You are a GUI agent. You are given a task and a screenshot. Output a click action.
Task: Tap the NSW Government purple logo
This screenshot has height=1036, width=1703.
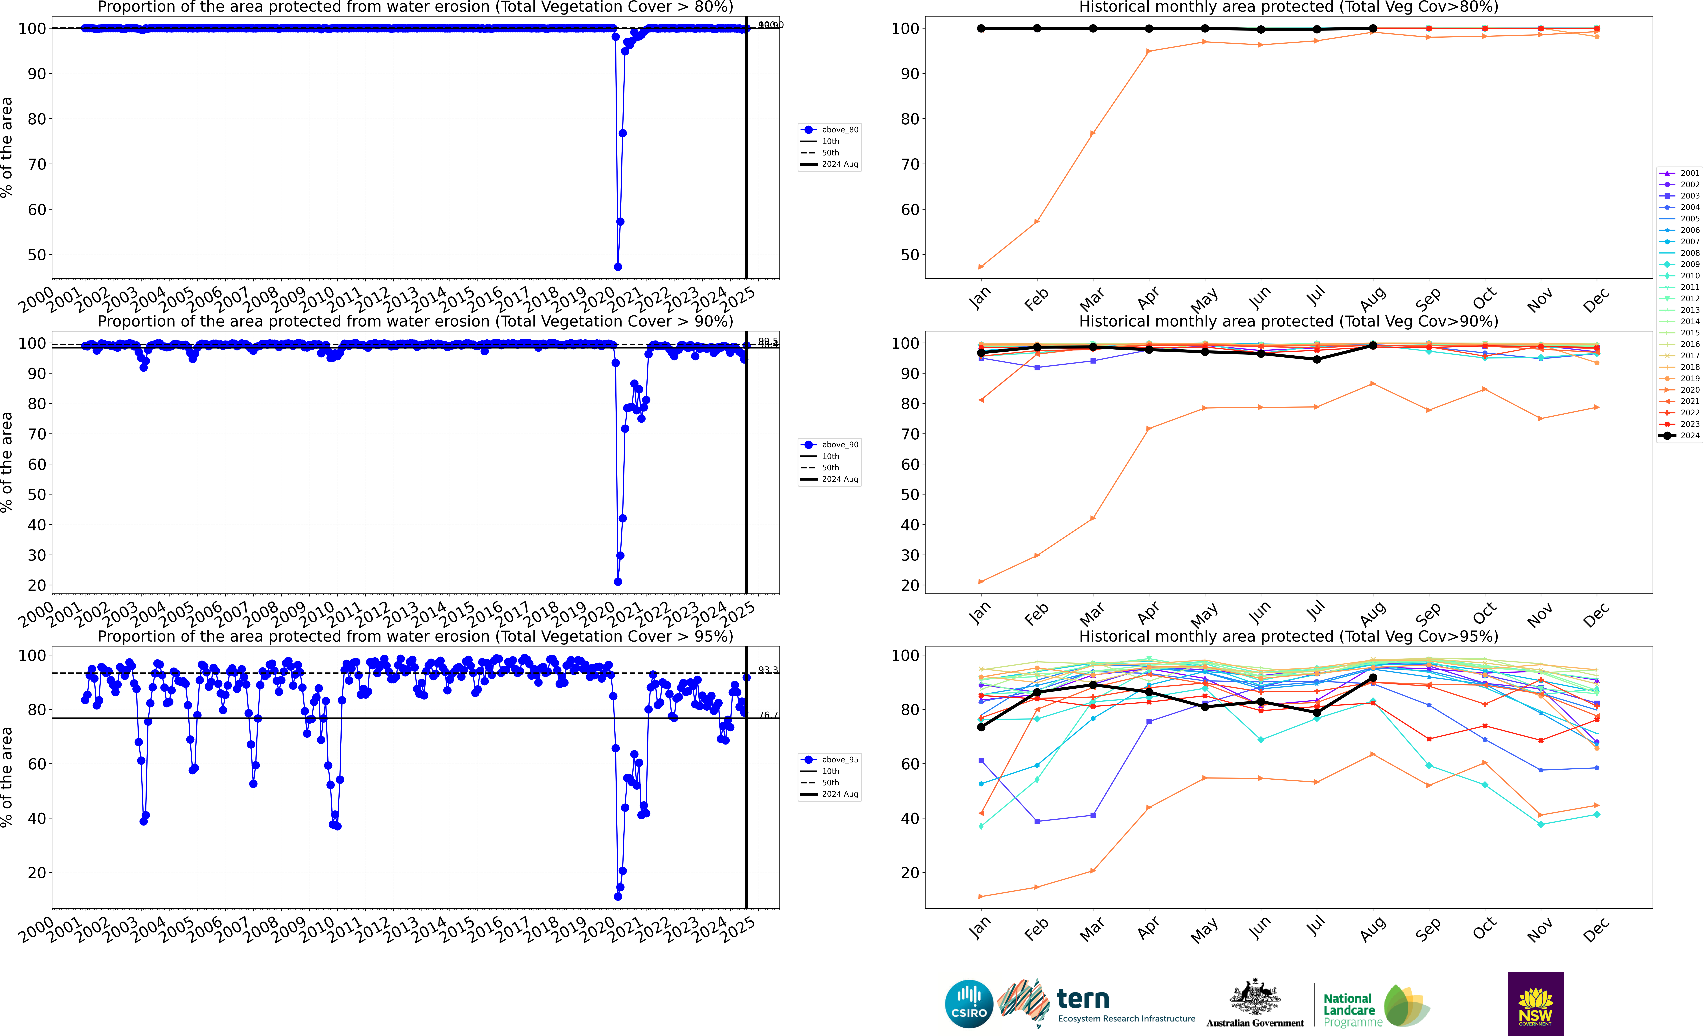(x=1535, y=1003)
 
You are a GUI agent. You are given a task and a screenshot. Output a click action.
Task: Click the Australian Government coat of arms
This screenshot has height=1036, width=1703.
(x=1254, y=997)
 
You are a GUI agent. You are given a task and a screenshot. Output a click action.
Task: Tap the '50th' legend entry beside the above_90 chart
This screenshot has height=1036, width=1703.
(x=829, y=468)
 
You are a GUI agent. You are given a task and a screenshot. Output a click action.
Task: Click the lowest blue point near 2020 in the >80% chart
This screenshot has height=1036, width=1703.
(x=618, y=267)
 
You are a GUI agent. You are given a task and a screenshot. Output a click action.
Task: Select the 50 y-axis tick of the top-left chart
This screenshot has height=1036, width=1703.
(x=37, y=255)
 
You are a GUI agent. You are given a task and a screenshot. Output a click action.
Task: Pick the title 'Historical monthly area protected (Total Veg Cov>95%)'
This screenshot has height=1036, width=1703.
(x=1288, y=636)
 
